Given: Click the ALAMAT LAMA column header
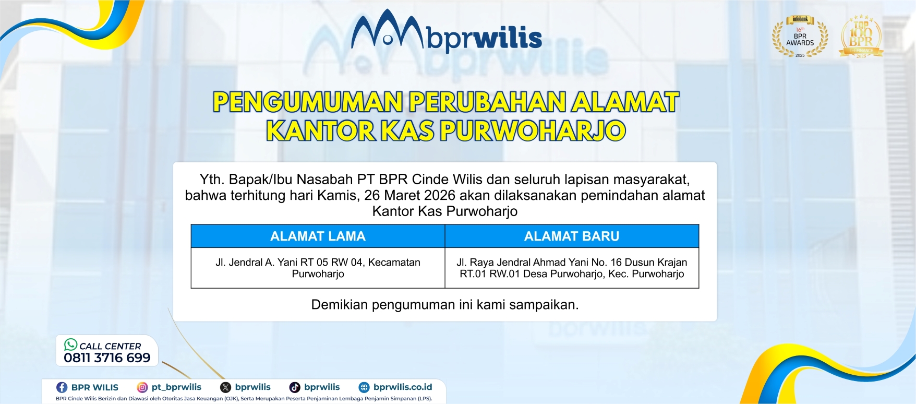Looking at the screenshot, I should pyautogui.click(x=318, y=236).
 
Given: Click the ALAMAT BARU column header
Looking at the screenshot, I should pyautogui.click(x=572, y=236).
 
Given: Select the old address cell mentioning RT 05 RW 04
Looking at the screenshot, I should pyautogui.click(x=318, y=268).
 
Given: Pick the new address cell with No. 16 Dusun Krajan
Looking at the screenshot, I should pyautogui.click(x=572, y=268).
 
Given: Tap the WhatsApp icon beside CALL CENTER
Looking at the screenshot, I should pyautogui.click(x=70, y=344).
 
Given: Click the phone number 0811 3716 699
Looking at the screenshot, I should pyautogui.click(x=107, y=358).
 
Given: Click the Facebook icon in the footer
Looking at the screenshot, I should pyautogui.click(x=62, y=387).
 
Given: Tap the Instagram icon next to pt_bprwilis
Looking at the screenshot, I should pyautogui.click(x=142, y=387).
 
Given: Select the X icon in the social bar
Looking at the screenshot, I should pyautogui.click(x=225, y=387).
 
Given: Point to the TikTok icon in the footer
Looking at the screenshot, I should pyautogui.click(x=295, y=387).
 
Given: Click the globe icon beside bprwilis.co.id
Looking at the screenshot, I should pyautogui.click(x=364, y=387).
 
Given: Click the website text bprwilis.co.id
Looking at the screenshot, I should pyautogui.click(x=403, y=387).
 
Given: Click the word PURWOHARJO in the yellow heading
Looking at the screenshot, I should pyautogui.click(x=533, y=130).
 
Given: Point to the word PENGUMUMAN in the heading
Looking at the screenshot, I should pyautogui.click(x=308, y=102).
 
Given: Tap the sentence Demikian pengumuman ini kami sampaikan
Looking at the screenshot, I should pyautogui.click(x=444, y=305).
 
